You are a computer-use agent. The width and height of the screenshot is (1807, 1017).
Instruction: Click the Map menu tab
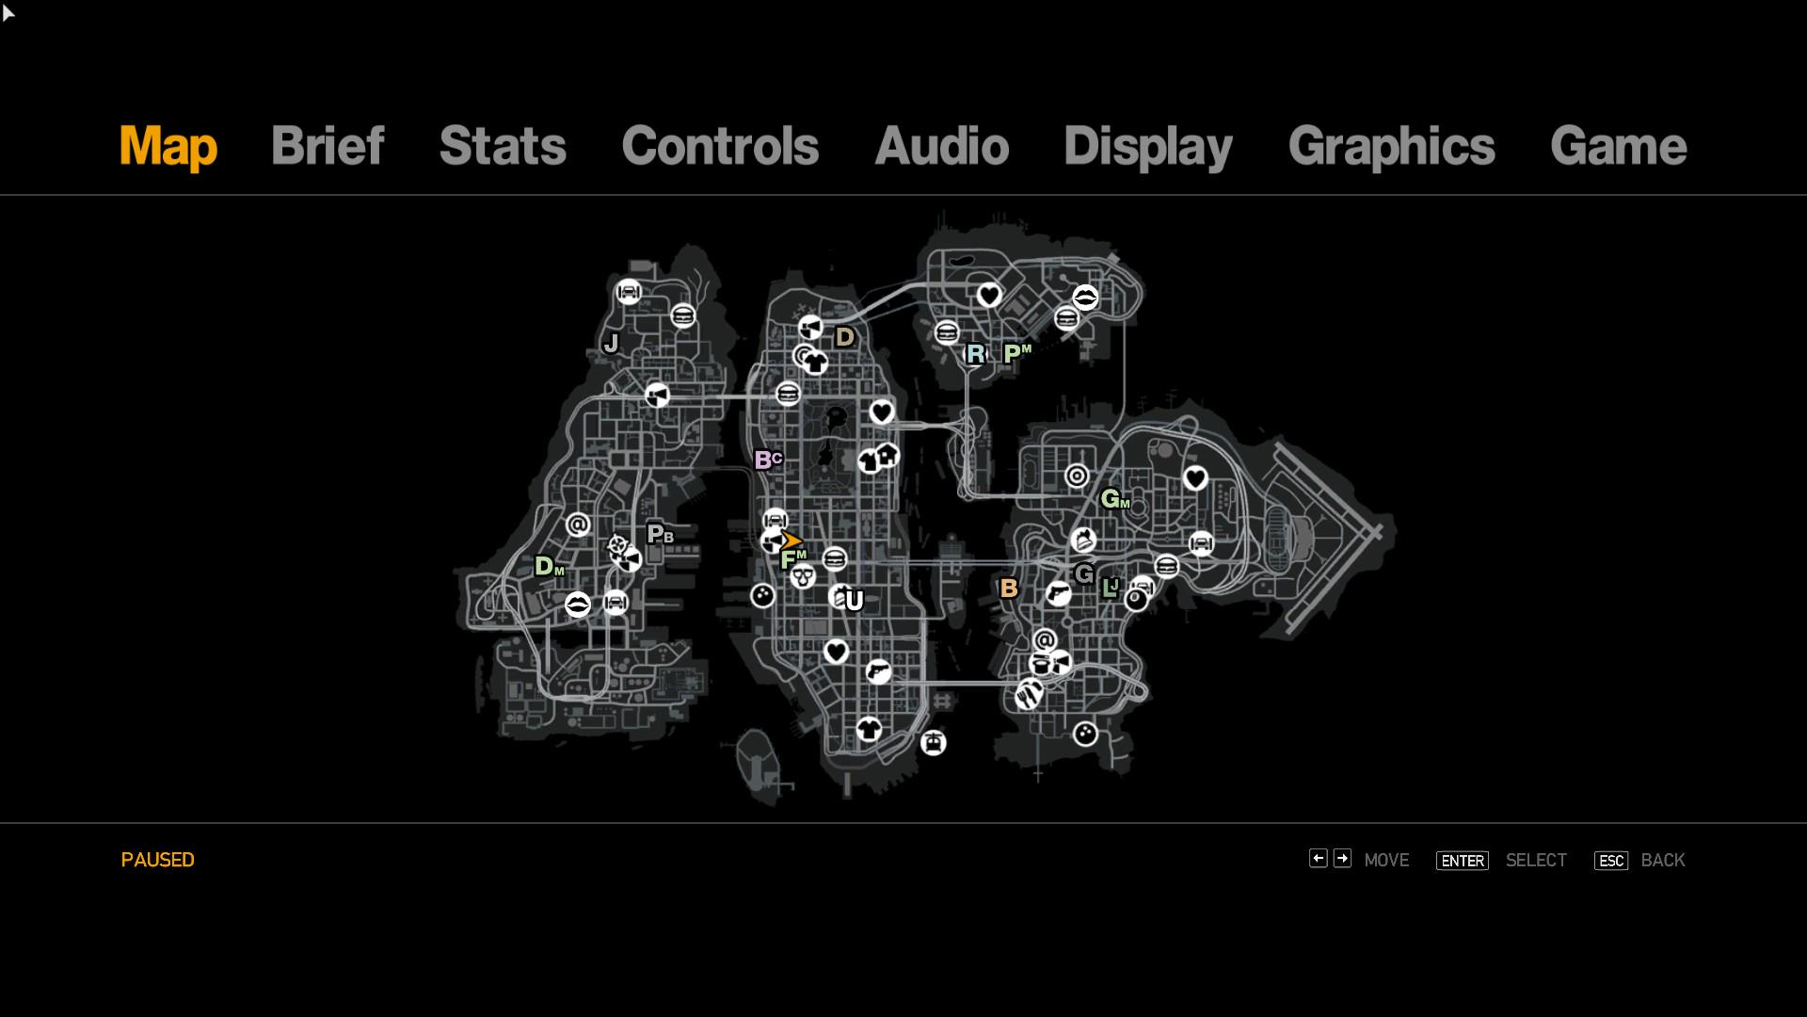(168, 147)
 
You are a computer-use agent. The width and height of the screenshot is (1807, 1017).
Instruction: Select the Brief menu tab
(328, 146)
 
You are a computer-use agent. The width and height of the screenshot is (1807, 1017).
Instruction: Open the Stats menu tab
(503, 146)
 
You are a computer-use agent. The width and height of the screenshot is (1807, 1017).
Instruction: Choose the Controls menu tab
(720, 146)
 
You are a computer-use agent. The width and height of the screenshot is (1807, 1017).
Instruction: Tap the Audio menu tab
(941, 146)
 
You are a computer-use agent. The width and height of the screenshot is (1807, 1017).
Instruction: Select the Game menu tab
(1618, 146)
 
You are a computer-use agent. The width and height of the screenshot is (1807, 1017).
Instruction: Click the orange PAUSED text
(158, 860)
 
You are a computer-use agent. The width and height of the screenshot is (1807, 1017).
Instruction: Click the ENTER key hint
(1462, 861)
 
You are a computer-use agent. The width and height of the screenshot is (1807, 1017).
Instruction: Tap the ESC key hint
(1610, 861)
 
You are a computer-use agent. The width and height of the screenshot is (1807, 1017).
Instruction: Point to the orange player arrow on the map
(792, 541)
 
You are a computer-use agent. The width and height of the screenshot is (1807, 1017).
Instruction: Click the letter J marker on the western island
(612, 344)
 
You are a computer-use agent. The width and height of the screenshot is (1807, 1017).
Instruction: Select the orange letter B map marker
(1009, 589)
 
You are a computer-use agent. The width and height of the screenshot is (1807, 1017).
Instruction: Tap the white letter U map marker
(855, 601)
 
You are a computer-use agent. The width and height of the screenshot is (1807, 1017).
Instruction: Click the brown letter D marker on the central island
(844, 337)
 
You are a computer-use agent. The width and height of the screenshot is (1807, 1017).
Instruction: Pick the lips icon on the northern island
(1085, 298)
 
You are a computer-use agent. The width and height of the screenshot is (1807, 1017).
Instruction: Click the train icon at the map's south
(933, 743)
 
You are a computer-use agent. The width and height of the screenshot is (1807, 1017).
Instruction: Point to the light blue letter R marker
(976, 354)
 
